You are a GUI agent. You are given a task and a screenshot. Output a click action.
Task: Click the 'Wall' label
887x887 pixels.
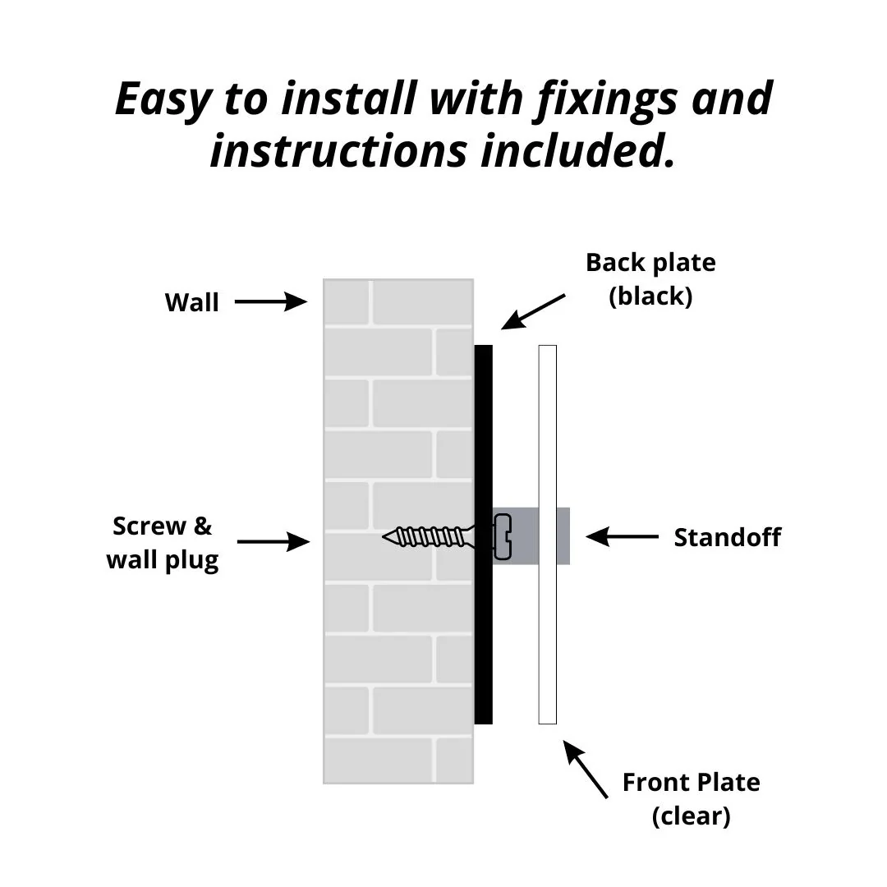tap(191, 302)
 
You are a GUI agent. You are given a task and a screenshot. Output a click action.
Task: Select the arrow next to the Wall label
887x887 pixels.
tap(270, 302)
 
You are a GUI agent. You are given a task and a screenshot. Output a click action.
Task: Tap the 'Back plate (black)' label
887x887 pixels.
tap(650, 279)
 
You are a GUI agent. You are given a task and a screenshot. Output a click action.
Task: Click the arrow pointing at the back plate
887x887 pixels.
tap(533, 311)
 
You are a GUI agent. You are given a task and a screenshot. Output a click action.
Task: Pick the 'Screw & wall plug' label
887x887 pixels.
tap(163, 543)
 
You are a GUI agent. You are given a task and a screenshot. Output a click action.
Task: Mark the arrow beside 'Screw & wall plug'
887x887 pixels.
tap(273, 542)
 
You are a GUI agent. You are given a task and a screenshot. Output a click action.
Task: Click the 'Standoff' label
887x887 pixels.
tap(727, 538)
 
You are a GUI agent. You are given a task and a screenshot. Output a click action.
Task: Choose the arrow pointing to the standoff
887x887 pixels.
tap(622, 537)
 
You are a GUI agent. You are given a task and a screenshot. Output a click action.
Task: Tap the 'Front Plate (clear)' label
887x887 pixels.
tap(691, 799)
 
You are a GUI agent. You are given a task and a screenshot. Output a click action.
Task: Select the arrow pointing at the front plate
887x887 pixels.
tap(586, 770)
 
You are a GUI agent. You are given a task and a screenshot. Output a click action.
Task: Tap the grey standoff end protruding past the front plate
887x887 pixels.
tap(563, 535)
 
